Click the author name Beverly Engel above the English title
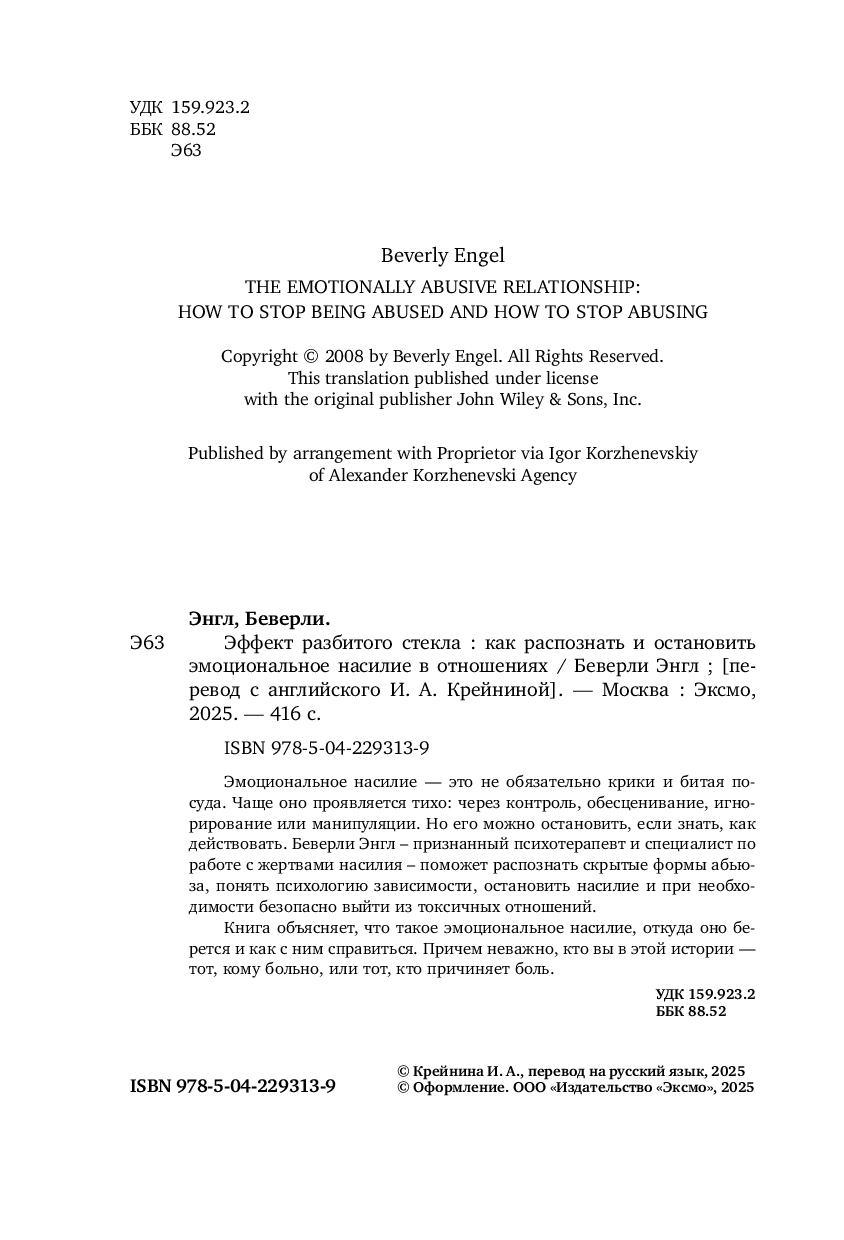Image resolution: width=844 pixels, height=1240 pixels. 442,256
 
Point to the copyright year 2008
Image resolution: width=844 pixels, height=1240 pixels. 345,355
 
